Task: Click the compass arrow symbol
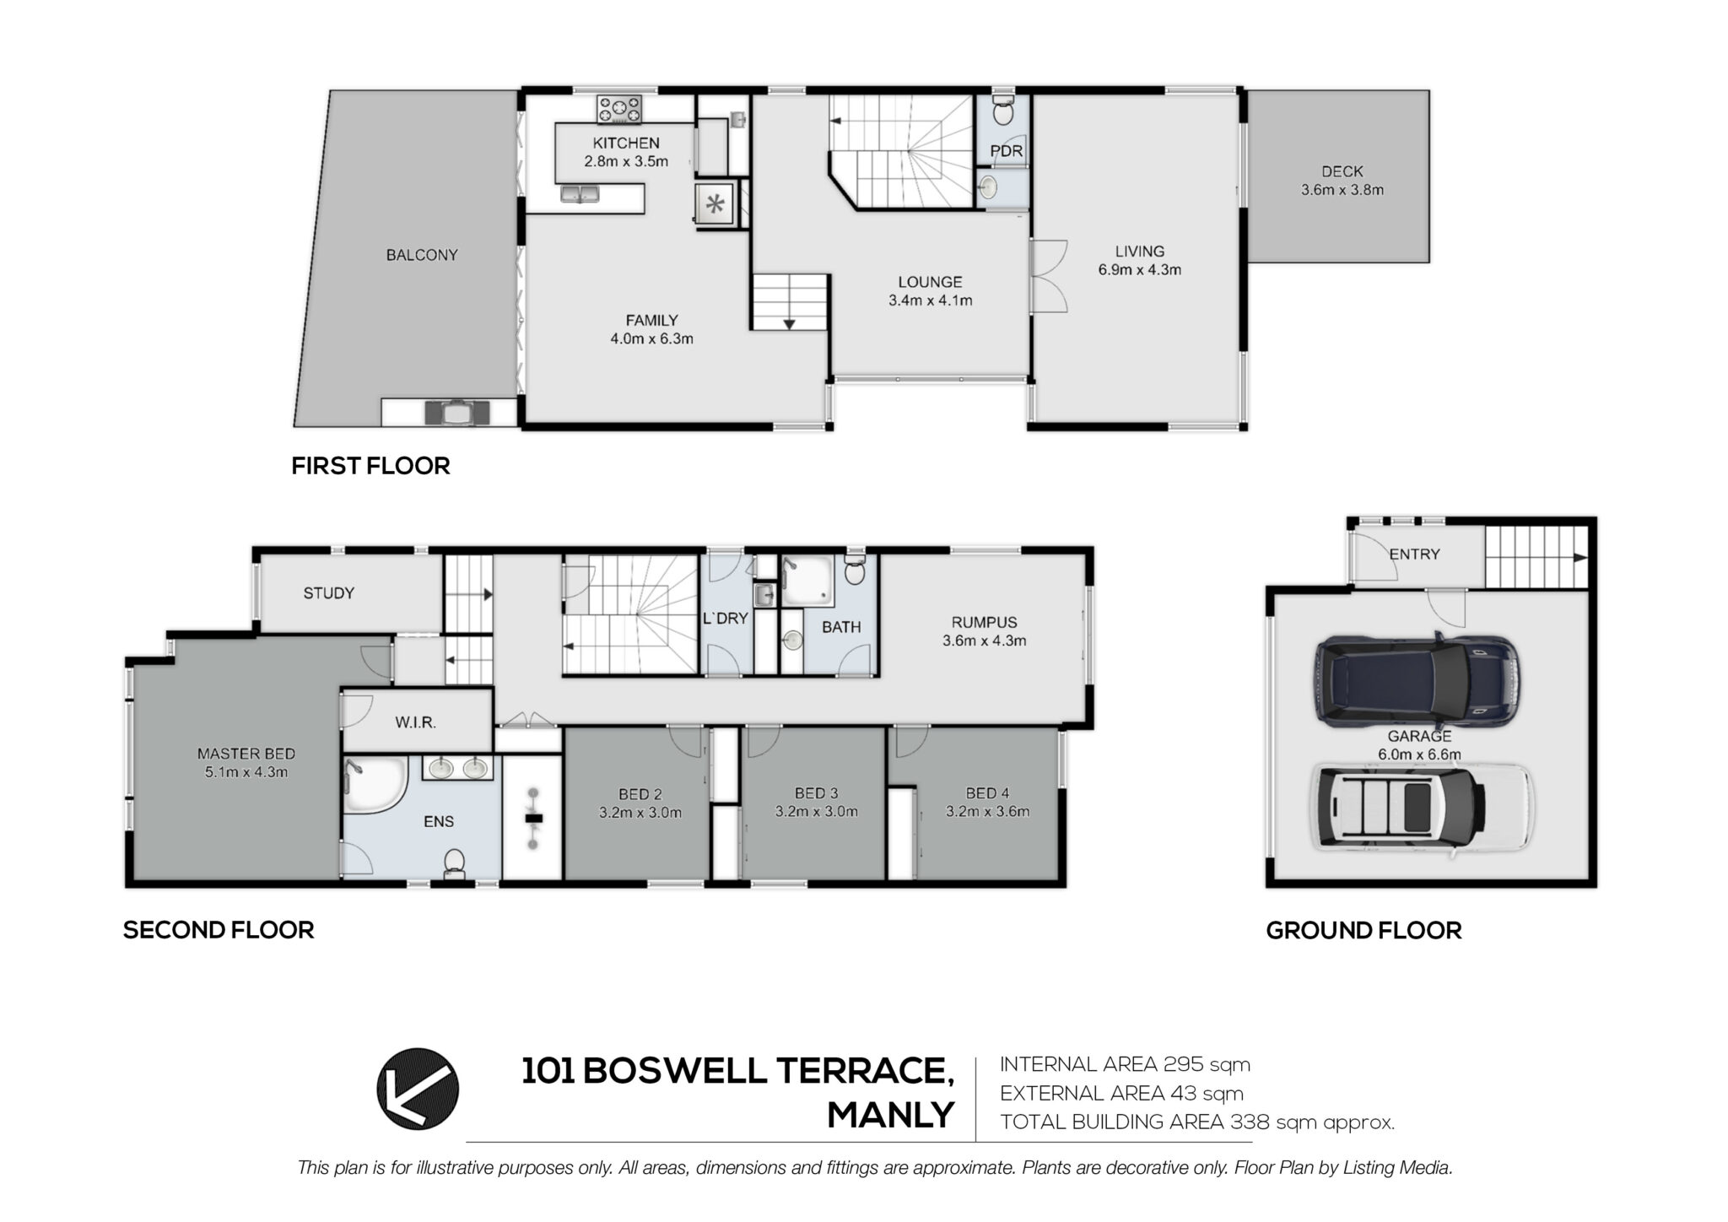pyautogui.click(x=418, y=1089)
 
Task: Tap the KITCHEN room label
pyautogui.click(x=626, y=143)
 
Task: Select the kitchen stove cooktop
pyautogui.click(x=619, y=109)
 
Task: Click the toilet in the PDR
pyautogui.click(x=1003, y=111)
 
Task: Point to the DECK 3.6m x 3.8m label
pyautogui.click(x=1342, y=181)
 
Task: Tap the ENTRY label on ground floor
pyautogui.click(x=1415, y=554)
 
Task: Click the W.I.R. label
pyautogui.click(x=415, y=723)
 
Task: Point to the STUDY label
pyautogui.click(x=329, y=593)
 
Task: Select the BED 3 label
pyautogui.click(x=817, y=793)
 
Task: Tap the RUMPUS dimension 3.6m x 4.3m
pyautogui.click(x=985, y=641)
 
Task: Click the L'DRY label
pyautogui.click(x=726, y=619)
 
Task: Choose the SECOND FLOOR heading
pyautogui.click(x=219, y=930)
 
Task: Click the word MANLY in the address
pyautogui.click(x=891, y=1115)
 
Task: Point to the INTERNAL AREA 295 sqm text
pyautogui.click(x=1126, y=1064)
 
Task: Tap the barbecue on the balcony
pyautogui.click(x=456, y=412)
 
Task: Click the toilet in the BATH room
pyautogui.click(x=854, y=570)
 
